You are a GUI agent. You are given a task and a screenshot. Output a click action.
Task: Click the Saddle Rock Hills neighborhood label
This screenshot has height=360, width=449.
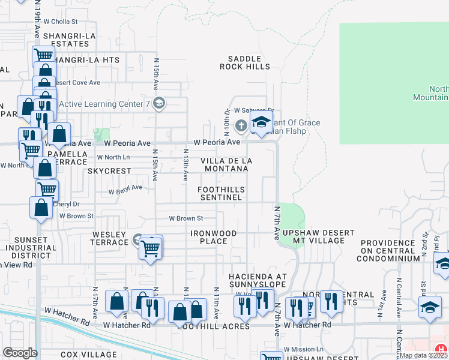[245, 62]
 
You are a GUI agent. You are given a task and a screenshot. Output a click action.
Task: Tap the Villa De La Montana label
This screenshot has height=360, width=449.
[226, 164]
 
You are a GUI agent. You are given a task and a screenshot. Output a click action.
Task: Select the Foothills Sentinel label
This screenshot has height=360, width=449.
[221, 193]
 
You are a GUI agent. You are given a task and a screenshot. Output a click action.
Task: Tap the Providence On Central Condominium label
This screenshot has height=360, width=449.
[388, 250]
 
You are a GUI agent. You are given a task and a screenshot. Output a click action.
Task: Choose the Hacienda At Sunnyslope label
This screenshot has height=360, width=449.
[258, 280]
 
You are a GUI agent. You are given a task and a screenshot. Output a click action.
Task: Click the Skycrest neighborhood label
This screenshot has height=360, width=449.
[109, 171]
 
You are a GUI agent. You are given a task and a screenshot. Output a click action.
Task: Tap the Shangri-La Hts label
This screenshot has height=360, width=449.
[86, 60]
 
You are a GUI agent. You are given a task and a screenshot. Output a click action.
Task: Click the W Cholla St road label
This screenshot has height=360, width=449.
[61, 22]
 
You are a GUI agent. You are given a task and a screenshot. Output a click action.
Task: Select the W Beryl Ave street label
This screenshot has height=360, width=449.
[125, 189]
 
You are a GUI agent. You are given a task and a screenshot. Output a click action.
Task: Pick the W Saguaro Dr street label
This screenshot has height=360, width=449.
[253, 110]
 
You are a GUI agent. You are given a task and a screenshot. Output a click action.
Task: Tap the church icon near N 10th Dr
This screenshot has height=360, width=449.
[241, 125]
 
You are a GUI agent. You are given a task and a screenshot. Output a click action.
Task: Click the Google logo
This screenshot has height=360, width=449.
[20, 353]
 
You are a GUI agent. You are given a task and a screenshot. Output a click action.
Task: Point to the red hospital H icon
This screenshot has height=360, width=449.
[442, 349]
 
